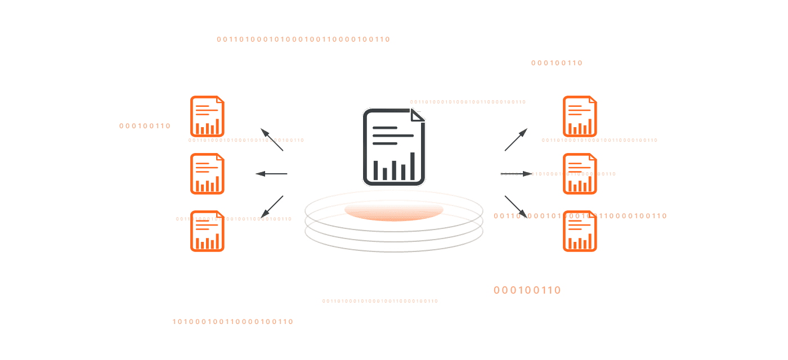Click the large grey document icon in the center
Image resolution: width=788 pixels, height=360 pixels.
point(393,147)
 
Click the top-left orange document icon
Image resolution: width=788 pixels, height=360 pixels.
point(207,116)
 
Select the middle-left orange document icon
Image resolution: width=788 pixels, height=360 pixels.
point(207,174)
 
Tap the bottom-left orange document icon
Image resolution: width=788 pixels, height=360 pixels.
point(207,231)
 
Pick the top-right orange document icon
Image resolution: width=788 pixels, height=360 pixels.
point(580,116)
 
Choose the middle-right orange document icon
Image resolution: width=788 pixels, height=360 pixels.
point(580,174)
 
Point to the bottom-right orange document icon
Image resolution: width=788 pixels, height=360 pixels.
point(580,231)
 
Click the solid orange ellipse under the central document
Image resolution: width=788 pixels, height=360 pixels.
point(393,211)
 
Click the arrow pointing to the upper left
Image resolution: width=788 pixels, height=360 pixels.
point(271,139)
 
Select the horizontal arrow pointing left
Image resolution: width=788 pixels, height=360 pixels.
point(271,174)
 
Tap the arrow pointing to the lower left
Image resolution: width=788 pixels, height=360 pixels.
point(271,206)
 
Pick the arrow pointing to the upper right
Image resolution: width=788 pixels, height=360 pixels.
point(516,139)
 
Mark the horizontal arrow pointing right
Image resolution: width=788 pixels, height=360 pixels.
point(515,174)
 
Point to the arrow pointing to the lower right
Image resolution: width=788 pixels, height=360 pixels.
point(516,206)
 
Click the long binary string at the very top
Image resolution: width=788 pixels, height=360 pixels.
point(303,39)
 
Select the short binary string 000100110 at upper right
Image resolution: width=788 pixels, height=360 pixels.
point(557,63)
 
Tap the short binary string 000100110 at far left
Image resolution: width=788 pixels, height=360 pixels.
point(145,126)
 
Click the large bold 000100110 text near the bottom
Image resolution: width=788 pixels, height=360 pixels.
point(527,290)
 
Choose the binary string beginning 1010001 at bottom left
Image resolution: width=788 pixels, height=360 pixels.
point(232,322)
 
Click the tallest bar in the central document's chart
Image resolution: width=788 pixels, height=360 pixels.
point(413,166)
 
